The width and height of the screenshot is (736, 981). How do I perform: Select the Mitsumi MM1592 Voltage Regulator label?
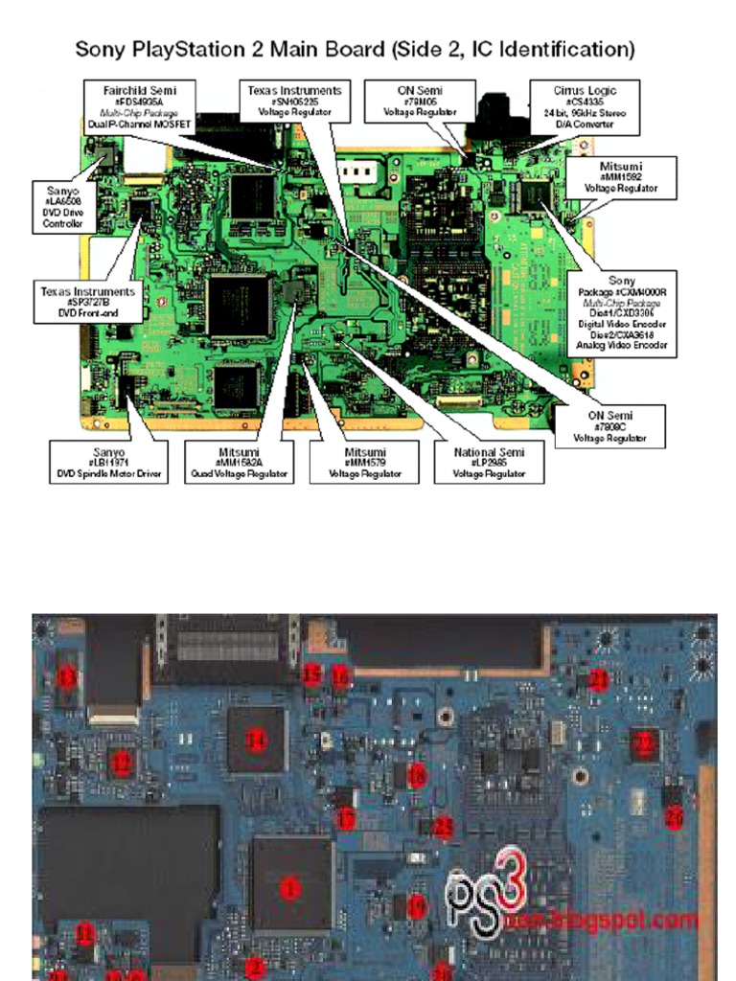tap(621, 177)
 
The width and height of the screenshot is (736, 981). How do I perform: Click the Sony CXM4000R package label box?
tap(621, 313)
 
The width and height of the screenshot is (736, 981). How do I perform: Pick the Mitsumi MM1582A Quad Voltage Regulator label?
tap(239, 461)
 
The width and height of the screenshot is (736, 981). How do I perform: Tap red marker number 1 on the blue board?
tap(289, 888)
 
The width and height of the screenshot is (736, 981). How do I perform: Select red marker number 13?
tap(65, 676)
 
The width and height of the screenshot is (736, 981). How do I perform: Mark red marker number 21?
tap(598, 679)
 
